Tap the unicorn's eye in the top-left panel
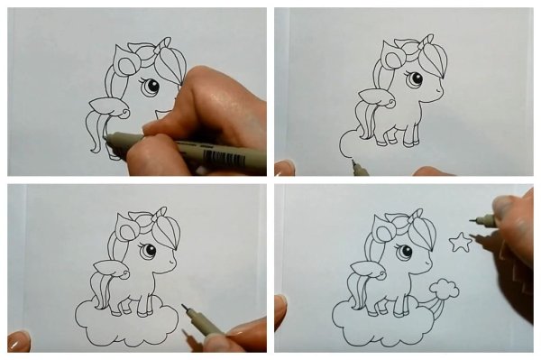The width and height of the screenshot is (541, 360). click(151, 88)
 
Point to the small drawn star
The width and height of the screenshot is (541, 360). click(461, 242)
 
